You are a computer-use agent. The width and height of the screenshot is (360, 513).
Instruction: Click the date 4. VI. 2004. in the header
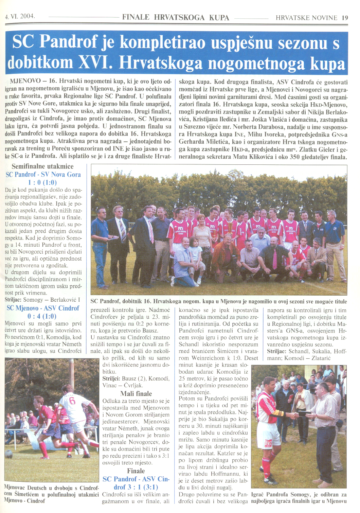20,16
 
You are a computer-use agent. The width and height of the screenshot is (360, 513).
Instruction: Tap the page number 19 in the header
345,18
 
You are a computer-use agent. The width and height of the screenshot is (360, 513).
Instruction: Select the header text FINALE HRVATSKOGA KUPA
176,17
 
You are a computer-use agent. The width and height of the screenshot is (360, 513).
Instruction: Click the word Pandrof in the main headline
69,42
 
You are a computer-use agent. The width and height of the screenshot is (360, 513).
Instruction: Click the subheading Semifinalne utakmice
42,166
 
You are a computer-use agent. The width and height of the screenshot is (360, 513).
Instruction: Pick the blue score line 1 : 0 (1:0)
42,182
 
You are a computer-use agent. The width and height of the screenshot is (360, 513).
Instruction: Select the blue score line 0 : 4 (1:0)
42,316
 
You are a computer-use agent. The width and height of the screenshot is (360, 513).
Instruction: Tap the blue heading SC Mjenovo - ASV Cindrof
43,308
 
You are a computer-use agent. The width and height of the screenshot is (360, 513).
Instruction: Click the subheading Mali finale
136,394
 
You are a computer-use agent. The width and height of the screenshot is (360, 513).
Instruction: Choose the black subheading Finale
136,471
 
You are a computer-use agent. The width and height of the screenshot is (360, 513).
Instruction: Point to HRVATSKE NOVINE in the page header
306,18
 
